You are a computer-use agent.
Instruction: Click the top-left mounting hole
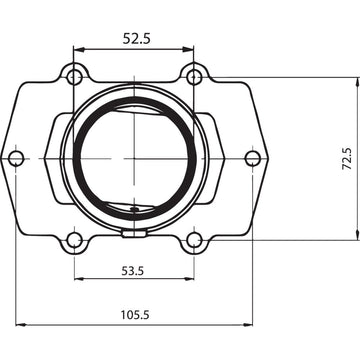tap(74, 75)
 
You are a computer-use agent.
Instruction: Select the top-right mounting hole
tap(194, 75)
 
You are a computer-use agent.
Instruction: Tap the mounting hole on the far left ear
tap(15, 158)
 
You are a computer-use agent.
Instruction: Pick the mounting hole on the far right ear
tap(253, 158)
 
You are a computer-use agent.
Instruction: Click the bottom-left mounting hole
tap(74, 240)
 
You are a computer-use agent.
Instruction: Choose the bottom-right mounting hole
tap(195, 240)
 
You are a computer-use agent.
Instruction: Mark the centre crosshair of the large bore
tap(134, 158)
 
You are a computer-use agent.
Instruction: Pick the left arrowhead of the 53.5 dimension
tap(78, 279)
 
